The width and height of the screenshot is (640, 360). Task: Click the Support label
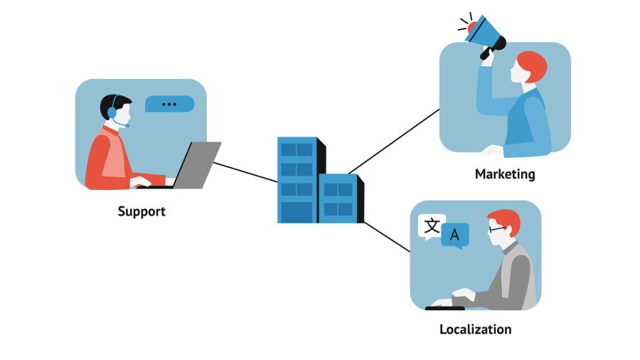(142, 211)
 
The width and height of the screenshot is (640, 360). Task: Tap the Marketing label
(505, 174)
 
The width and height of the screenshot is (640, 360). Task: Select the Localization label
(475, 329)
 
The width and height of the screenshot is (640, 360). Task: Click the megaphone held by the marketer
(488, 33)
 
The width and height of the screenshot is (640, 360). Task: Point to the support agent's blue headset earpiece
(112, 112)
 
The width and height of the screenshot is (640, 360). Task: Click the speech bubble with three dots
(169, 104)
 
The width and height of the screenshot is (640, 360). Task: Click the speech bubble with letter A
(455, 234)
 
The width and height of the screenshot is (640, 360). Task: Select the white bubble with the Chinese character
(432, 226)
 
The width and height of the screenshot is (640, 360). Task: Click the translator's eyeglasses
(497, 228)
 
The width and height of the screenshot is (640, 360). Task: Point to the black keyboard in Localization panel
(444, 308)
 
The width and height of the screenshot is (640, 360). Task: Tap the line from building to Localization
(388, 237)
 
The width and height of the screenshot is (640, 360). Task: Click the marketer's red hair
(533, 65)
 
